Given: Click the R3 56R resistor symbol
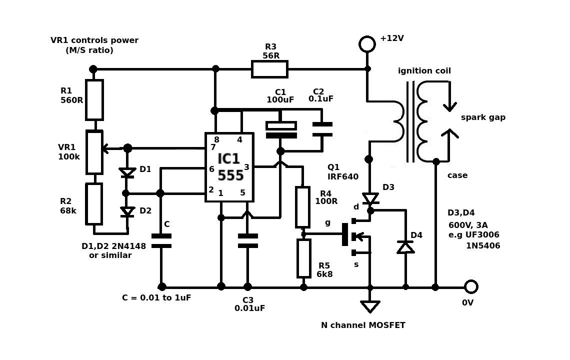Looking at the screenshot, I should (269, 69).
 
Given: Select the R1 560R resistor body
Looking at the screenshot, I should (94, 99).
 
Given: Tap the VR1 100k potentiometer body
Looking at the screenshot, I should (94, 152).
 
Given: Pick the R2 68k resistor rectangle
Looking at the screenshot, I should (94, 203).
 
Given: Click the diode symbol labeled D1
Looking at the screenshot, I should (127, 172).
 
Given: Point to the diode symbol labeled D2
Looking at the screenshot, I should (127, 211).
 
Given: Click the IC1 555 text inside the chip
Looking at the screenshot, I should (229, 167).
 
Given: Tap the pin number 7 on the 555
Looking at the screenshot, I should (213, 147).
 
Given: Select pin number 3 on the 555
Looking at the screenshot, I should (246, 167).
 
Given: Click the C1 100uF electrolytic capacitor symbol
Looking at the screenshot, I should (281, 130).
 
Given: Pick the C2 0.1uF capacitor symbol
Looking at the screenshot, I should (322, 129).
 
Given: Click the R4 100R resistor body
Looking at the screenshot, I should (302, 207).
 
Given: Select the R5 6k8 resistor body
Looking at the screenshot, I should (303, 258).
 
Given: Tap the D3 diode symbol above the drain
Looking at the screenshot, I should (370, 198).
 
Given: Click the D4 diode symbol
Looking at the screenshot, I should (405, 247).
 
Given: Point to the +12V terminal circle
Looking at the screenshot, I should (367, 44).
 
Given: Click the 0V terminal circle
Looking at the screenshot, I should (471, 286).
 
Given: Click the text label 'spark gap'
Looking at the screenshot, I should (483, 117).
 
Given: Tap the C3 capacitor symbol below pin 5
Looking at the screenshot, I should (247, 240).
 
